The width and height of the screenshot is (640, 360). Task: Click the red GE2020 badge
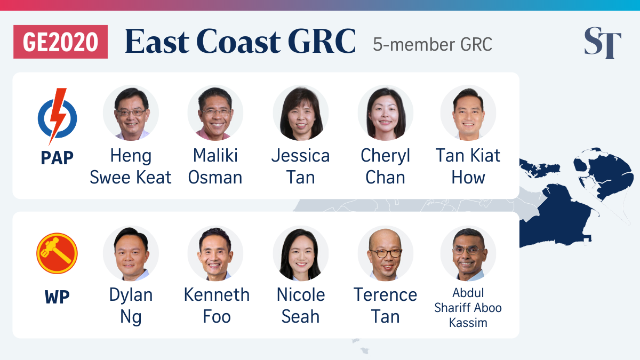tap(61, 42)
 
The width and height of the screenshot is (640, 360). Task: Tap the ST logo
tap(603, 43)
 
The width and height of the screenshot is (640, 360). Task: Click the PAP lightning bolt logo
tap(58, 117)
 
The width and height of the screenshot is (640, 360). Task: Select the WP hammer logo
tap(57, 253)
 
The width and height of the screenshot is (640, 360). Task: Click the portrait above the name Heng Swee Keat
tap(131, 113)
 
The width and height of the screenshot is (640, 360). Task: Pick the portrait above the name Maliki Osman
tap(215, 113)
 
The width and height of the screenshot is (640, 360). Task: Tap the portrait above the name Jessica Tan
tap(301, 113)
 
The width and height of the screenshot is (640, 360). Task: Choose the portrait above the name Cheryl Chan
tap(386, 113)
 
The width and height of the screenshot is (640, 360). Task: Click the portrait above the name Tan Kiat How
tap(468, 113)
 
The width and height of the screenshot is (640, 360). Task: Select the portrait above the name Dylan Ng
tap(131, 253)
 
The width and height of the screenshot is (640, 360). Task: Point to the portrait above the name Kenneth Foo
tap(215, 253)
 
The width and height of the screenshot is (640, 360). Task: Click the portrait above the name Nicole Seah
tap(301, 253)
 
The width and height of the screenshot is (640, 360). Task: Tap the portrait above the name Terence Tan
tap(386, 253)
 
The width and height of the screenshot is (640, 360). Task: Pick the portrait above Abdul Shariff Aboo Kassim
tap(468, 253)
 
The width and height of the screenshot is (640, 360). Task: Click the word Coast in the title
tap(239, 41)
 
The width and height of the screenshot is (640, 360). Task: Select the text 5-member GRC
tap(433, 44)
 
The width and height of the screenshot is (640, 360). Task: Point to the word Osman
tap(215, 178)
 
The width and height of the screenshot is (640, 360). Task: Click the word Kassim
tap(468, 323)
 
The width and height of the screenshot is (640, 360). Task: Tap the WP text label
tap(57, 297)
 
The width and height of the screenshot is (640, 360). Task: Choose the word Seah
tap(301, 317)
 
